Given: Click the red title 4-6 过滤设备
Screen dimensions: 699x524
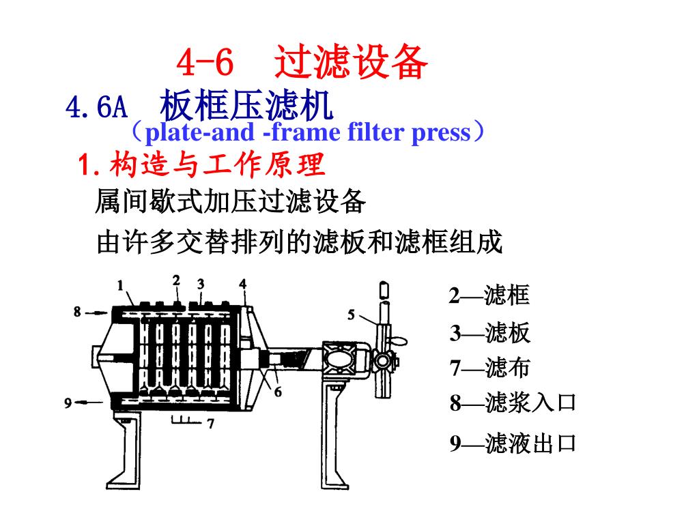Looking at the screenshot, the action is click(302, 63).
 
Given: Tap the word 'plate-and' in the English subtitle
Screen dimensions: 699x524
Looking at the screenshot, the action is click(201, 132).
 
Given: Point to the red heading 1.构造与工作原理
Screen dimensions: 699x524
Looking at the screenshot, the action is click(202, 164).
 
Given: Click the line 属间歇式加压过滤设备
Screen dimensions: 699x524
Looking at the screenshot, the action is click(231, 202).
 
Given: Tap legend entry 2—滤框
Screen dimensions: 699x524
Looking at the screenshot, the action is click(489, 296).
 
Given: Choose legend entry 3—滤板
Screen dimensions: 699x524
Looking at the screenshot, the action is click(489, 334).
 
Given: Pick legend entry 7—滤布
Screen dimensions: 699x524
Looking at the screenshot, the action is click(489, 368).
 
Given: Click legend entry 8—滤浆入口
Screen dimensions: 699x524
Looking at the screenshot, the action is click(513, 403).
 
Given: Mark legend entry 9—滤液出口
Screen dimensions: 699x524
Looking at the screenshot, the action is click(513, 444).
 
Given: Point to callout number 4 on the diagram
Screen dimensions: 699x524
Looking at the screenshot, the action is click(243, 283).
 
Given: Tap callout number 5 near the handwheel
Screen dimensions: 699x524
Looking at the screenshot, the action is click(352, 315).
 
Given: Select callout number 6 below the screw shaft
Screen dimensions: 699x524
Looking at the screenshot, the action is click(278, 392).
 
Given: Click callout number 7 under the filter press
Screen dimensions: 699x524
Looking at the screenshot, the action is click(211, 424).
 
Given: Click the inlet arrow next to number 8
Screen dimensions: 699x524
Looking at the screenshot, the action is click(96, 312).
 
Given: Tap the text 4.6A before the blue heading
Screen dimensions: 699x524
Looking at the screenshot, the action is click(96, 107).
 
